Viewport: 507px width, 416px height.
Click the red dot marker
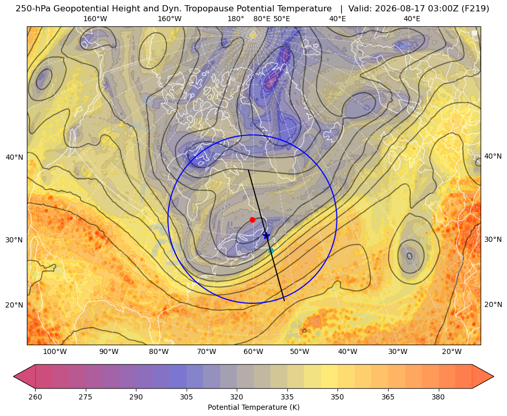[252, 220]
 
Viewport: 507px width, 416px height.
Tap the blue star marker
[266, 236]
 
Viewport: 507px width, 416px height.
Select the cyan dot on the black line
[271, 251]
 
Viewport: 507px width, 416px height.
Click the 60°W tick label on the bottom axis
[253, 352]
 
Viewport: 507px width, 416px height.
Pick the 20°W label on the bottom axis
[451, 352]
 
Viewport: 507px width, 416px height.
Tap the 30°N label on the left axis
[14, 240]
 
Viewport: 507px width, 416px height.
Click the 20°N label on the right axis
[493, 304]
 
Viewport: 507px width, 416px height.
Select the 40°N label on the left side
[14, 158]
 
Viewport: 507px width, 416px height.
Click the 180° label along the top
[236, 19]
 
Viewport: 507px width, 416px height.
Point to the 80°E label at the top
[262, 19]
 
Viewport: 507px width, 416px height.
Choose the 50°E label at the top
[282, 19]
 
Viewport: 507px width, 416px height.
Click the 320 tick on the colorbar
[237, 397]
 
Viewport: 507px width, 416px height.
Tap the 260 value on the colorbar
[35, 397]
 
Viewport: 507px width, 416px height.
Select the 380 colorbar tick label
[438, 397]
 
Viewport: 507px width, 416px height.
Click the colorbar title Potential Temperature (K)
[253, 407]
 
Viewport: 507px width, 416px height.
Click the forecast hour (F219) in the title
[475, 9]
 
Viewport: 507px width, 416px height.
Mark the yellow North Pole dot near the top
[253, 35]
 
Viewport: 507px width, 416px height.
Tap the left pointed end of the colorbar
[13, 376]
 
